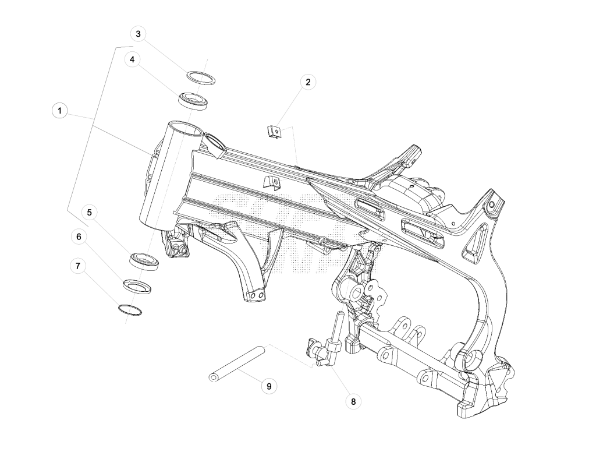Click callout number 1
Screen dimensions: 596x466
60,111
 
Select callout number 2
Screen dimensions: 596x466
308,82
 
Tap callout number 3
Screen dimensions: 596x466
138,34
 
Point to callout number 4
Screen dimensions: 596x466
132,60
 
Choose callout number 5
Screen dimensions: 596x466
89,212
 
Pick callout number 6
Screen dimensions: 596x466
79,236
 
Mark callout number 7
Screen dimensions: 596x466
78,266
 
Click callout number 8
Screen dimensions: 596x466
353,401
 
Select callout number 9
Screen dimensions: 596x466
269,387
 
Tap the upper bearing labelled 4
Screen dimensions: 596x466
193,101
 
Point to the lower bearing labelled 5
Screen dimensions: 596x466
144,262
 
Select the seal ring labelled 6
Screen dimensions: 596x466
137,286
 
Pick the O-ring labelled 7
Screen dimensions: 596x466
130,310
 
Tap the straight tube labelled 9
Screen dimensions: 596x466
236,363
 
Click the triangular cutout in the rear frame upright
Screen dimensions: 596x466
475,243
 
